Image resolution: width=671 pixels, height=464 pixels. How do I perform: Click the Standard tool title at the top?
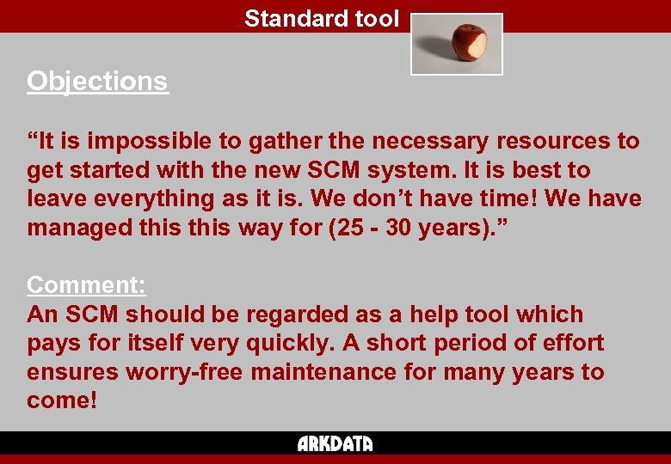coord(322,18)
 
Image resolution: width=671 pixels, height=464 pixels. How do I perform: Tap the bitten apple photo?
coord(457,44)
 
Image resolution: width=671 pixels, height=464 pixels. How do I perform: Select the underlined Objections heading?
coord(97,81)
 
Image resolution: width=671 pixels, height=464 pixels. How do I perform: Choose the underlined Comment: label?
coord(86,284)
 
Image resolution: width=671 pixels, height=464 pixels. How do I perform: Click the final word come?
coord(62,401)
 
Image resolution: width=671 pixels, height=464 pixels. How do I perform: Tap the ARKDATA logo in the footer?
coord(335,444)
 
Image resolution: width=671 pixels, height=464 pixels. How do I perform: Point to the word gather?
coord(289,141)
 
